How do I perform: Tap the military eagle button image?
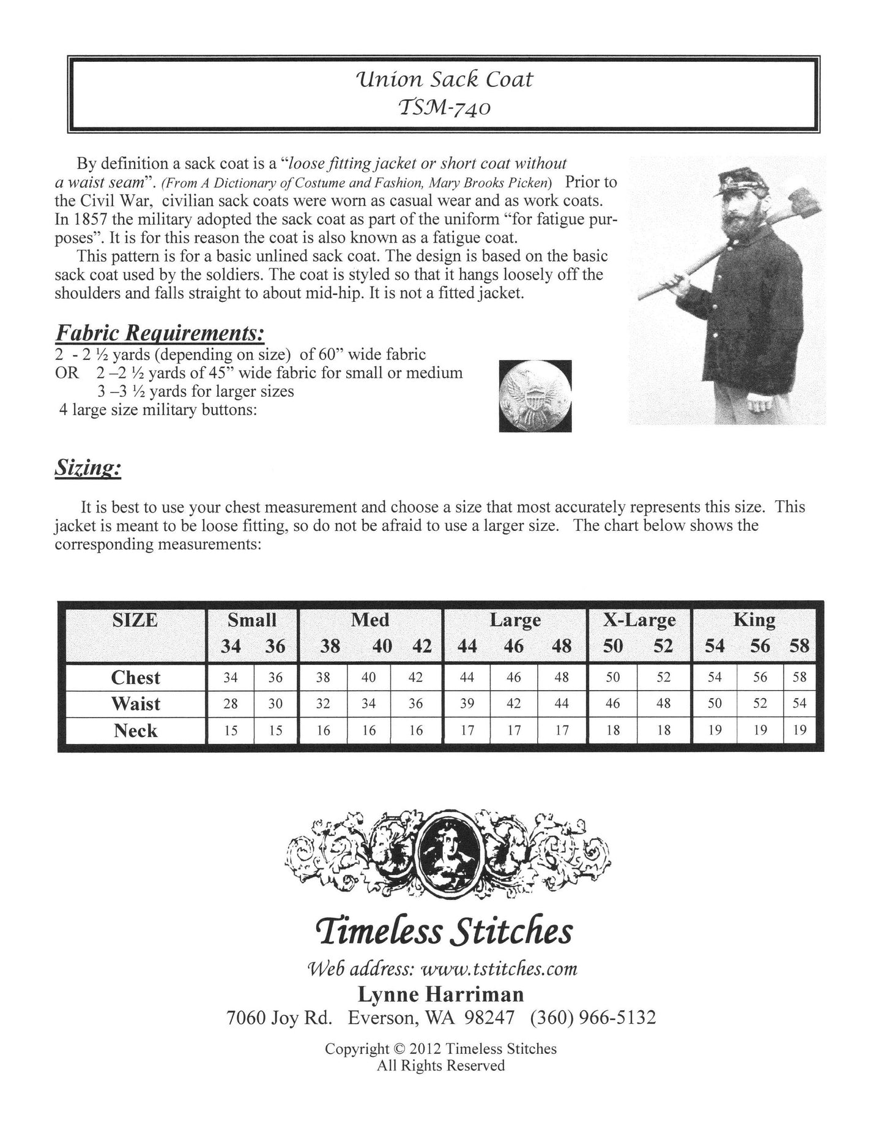(535, 396)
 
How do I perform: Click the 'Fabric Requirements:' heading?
(160, 333)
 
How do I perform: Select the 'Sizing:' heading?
(88, 468)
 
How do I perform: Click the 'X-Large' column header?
(639, 620)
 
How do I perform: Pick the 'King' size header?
(754, 620)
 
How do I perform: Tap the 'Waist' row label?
(135, 704)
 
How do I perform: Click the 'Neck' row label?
(135, 730)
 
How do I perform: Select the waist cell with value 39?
(467, 704)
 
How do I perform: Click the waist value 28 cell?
(231, 704)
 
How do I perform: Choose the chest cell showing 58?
(800, 677)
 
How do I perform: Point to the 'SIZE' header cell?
(135, 621)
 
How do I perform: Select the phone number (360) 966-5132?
(593, 1018)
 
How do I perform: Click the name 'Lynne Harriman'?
(440, 994)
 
